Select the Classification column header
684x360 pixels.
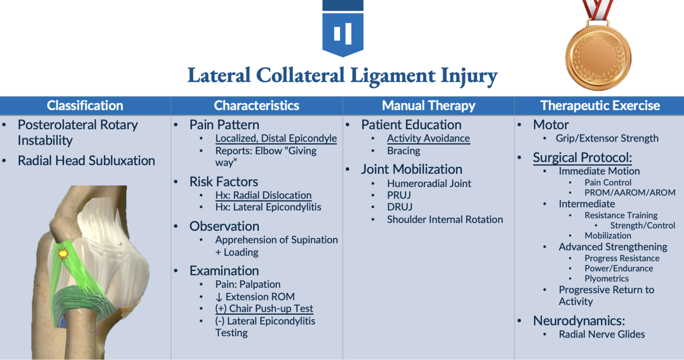point(85,106)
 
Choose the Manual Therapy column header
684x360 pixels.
point(428,106)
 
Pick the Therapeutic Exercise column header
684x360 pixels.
point(600,106)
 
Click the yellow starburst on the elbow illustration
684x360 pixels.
point(63,253)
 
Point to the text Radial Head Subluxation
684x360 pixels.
point(86,161)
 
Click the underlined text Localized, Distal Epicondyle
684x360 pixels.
point(276,138)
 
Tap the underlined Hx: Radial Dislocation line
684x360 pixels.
point(263,195)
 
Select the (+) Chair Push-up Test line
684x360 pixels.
point(264,309)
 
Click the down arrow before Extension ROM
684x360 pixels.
point(219,297)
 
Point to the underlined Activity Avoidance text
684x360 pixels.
point(428,138)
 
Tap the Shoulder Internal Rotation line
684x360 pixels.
point(445,219)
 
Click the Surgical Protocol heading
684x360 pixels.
point(582,157)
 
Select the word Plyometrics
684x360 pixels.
point(606,278)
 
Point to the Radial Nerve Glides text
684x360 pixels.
point(601,334)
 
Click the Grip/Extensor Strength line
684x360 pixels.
point(607,138)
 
